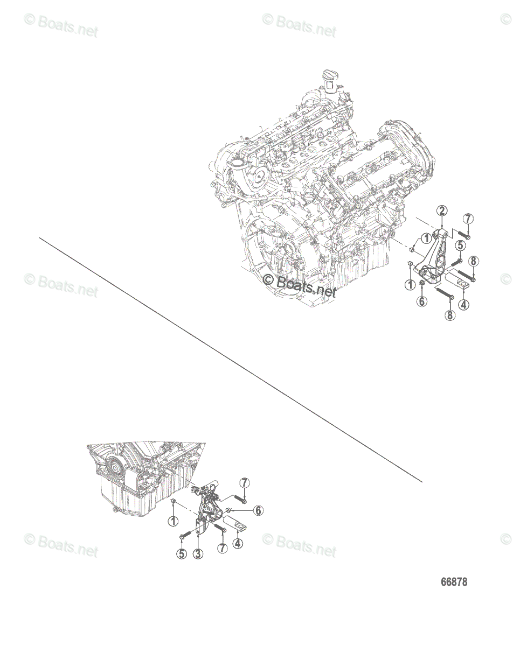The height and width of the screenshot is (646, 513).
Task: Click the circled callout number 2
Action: click(x=441, y=210)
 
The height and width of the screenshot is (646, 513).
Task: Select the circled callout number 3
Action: click(x=198, y=553)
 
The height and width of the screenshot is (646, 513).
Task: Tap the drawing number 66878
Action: click(x=454, y=582)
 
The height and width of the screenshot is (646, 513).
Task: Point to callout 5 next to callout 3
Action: click(x=182, y=553)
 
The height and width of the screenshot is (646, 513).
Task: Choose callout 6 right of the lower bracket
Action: click(x=259, y=510)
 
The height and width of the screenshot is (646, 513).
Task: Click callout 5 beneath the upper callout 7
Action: click(x=460, y=245)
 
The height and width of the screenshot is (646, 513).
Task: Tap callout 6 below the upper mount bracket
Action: click(x=422, y=301)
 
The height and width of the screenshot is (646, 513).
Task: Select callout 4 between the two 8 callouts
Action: click(x=463, y=304)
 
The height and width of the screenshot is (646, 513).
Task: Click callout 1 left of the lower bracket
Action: click(x=172, y=521)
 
